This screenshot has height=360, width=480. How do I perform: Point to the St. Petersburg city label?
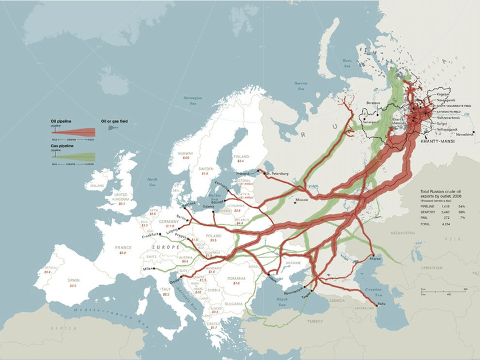point(276,173)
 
